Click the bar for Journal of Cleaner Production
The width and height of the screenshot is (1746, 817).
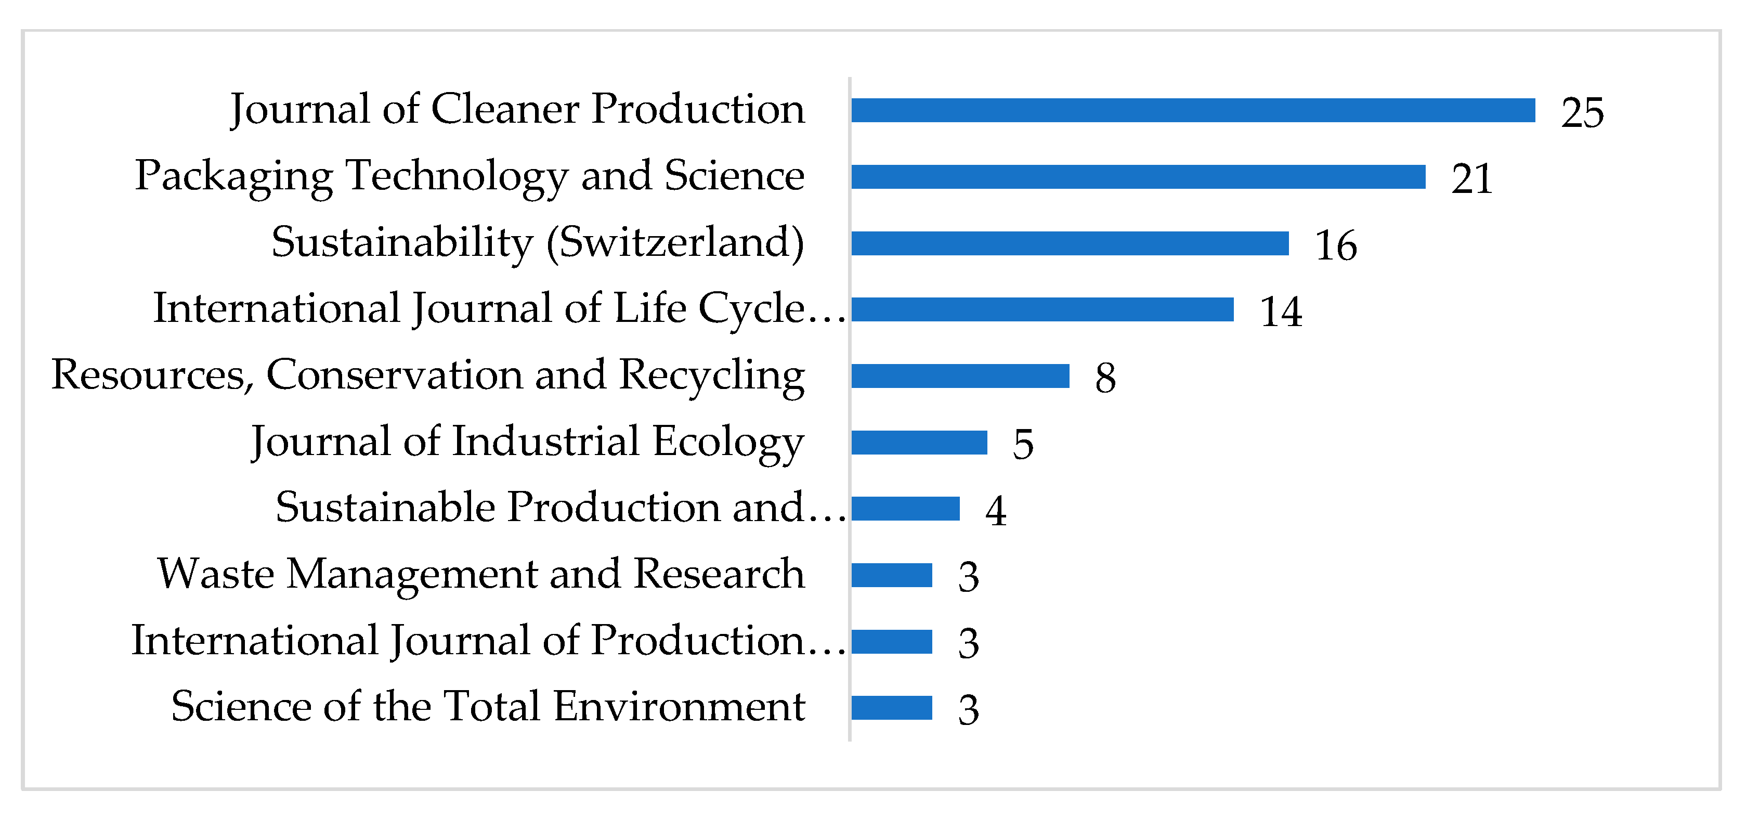[x=1193, y=111]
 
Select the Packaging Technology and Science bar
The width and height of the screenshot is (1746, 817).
[x=1138, y=177]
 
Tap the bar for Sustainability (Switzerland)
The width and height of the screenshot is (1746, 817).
[x=1070, y=243]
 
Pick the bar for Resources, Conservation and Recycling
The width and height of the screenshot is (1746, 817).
[x=960, y=377]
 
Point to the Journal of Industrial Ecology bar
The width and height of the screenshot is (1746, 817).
[x=919, y=443]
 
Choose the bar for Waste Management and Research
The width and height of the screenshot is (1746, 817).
[x=891, y=575]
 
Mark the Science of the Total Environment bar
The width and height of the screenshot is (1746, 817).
[x=891, y=708]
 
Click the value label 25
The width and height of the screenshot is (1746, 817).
[x=1582, y=112]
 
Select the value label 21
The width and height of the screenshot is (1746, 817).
[x=1471, y=179]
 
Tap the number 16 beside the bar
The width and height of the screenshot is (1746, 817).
[x=1335, y=245]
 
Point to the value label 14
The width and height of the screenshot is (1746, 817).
[x=1280, y=312]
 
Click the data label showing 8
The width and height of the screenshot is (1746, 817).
[x=1105, y=378]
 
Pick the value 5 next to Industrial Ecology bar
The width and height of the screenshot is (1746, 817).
[x=1023, y=445]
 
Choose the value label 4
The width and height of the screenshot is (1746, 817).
[x=995, y=511]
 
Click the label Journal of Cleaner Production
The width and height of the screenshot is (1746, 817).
[x=517, y=109]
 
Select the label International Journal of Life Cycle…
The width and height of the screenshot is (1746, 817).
[x=499, y=308]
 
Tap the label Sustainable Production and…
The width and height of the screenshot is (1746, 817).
[x=560, y=507]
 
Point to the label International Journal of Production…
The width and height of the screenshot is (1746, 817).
[x=488, y=640]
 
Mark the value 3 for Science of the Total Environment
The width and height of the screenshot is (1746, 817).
[x=968, y=710]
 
